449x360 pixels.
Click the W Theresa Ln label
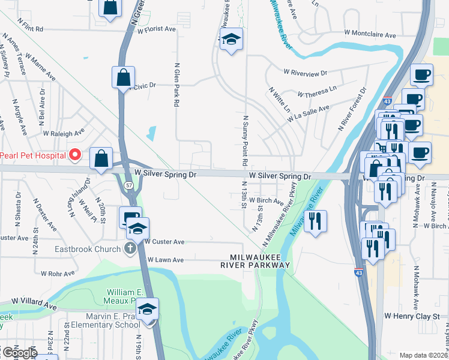[x=317, y=92]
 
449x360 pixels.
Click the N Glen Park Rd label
[x=177, y=85]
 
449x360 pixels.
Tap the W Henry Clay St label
[x=412, y=315]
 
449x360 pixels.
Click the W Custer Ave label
[x=165, y=241]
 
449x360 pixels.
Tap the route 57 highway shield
[x=129, y=186]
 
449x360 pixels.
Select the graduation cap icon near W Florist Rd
[x=231, y=40]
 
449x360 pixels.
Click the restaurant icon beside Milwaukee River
[x=315, y=221]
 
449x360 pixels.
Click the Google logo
[x=19, y=353]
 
